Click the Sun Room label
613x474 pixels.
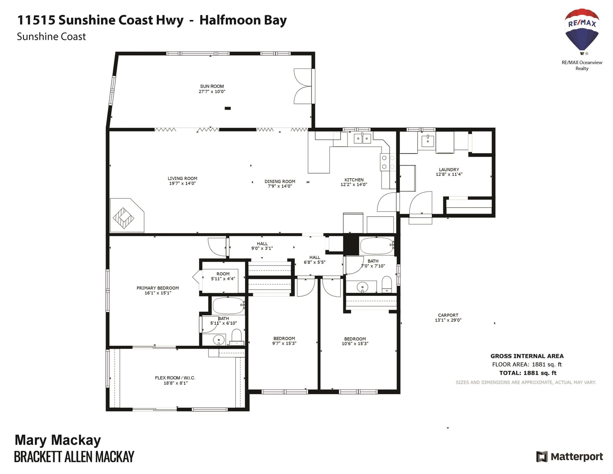[212, 86]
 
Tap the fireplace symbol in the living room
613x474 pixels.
[123, 218]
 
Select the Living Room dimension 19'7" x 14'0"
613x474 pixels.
[182, 184]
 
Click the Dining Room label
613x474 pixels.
[280, 181]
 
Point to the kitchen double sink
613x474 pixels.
[362, 138]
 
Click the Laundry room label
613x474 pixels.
[449, 170]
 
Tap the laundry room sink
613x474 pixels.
[428, 141]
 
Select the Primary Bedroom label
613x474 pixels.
[158, 288]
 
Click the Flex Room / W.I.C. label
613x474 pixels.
[175, 378]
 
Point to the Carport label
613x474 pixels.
[448, 315]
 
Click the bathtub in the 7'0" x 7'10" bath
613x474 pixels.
[377, 246]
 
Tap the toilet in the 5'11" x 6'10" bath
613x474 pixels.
[237, 337]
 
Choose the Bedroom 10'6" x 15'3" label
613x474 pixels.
[355, 339]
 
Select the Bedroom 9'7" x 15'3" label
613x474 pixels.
[284, 338]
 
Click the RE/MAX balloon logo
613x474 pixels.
[582, 31]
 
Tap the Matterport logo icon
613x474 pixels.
[542, 456]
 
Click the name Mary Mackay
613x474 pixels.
[58, 440]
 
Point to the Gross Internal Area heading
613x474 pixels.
[527, 356]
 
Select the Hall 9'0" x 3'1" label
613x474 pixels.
[262, 244]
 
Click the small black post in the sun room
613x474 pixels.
[228, 108]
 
